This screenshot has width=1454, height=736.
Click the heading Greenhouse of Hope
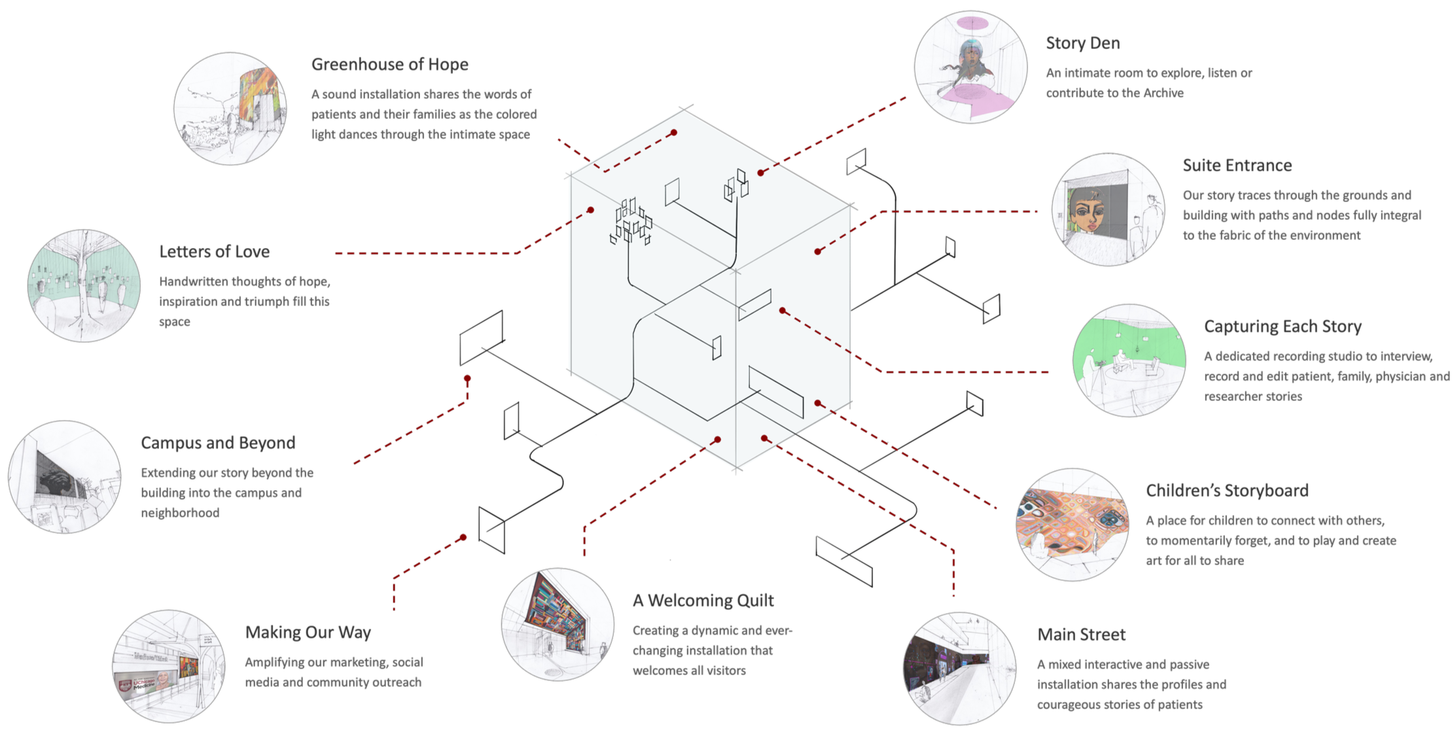pyautogui.click(x=389, y=65)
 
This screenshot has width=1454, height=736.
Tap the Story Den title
pyautogui.click(x=1082, y=44)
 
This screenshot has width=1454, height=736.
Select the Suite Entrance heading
pyautogui.click(x=1237, y=166)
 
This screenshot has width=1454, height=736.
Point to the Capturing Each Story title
pyautogui.click(x=1283, y=326)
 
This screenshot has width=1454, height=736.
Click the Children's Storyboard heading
pyautogui.click(x=1227, y=491)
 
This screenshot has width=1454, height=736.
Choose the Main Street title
pyautogui.click(x=1081, y=635)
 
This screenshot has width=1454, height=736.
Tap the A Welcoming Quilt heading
pyautogui.click(x=703, y=601)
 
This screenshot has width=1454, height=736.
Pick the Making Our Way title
pyautogui.click(x=308, y=633)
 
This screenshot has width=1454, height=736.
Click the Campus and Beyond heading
pyautogui.click(x=218, y=443)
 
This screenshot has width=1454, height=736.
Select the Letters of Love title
pyautogui.click(x=214, y=252)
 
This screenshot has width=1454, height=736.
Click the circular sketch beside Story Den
pyautogui.click(x=970, y=67)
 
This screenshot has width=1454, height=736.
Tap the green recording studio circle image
pyautogui.click(x=1129, y=360)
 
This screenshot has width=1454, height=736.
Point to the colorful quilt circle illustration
pyautogui.click(x=558, y=624)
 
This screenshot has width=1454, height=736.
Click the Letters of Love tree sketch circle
pyautogui.click(x=84, y=285)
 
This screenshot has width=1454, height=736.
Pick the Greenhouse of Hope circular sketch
pyautogui.click(x=230, y=109)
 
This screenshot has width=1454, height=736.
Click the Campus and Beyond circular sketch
pyautogui.click(x=64, y=477)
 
